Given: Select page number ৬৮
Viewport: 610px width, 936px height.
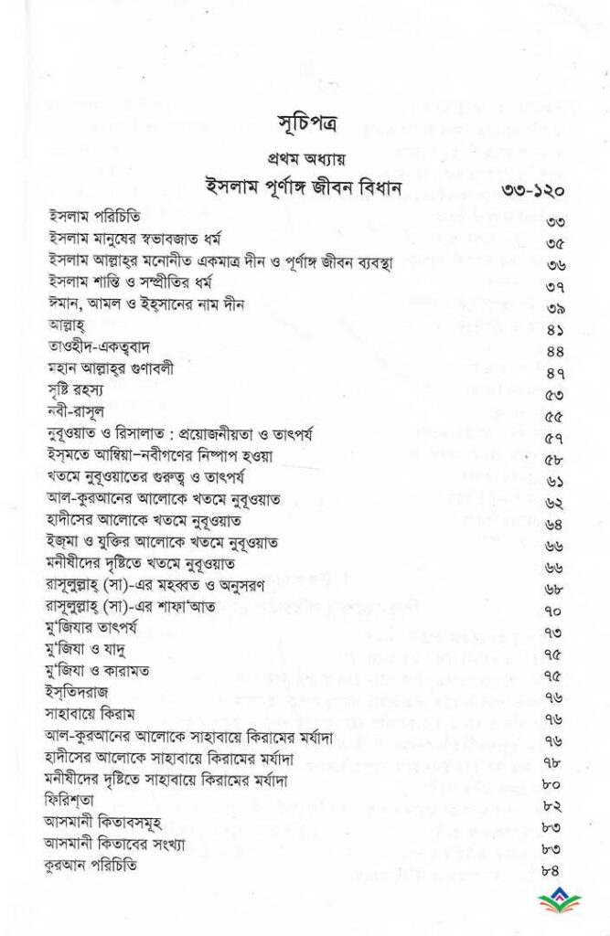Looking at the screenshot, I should (553, 569).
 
